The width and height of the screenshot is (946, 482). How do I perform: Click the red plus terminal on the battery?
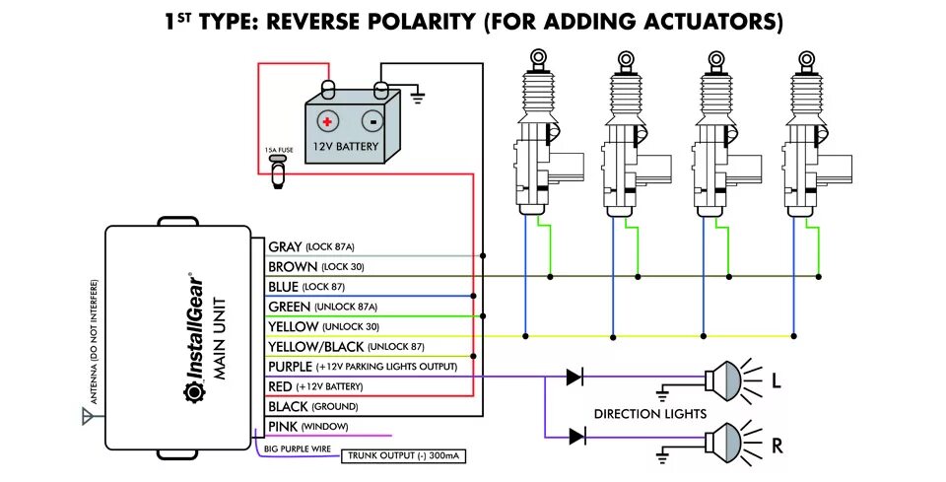pyautogui.click(x=327, y=122)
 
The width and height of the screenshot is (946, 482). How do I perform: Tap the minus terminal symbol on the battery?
pyautogui.click(x=372, y=122)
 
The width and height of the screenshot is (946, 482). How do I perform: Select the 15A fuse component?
pyautogui.click(x=278, y=170)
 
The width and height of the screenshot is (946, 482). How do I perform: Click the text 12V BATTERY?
pyautogui.click(x=346, y=147)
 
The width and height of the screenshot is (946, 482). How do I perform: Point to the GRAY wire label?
pyautogui.click(x=285, y=246)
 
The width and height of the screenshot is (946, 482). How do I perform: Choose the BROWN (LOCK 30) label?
pyautogui.click(x=316, y=267)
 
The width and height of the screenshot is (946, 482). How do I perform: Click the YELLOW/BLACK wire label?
pyautogui.click(x=316, y=347)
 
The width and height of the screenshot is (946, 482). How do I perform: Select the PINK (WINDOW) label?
pyautogui.click(x=308, y=427)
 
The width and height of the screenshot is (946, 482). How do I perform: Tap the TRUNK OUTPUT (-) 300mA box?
pyautogui.click(x=404, y=456)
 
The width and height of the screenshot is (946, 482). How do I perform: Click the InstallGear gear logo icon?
pyautogui.click(x=193, y=392)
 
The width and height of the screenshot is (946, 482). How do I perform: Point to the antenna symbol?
pyautogui.click(x=89, y=416)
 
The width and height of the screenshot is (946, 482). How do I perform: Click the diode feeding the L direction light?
pyautogui.click(x=574, y=378)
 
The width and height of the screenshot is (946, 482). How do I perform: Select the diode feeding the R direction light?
pyautogui.click(x=576, y=436)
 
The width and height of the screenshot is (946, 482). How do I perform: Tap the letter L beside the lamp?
pyautogui.click(x=777, y=381)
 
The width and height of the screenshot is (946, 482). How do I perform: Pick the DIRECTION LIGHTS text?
pyautogui.click(x=649, y=414)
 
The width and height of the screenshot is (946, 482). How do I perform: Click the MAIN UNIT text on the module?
pyautogui.click(x=220, y=338)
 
